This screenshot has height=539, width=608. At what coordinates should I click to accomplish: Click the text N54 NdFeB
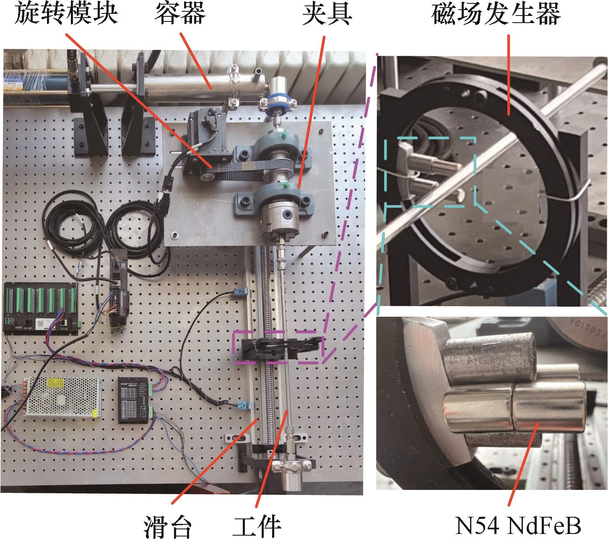pyautogui.click(x=518, y=526)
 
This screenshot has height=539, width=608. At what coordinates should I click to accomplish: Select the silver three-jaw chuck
pyautogui.click(x=280, y=219)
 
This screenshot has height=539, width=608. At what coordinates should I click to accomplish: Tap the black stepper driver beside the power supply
pyautogui.click(x=133, y=400)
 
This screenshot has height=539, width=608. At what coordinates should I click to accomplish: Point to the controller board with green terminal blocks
pyautogui.click(x=42, y=308)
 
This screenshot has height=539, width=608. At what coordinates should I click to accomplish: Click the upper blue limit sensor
pyautogui.click(x=241, y=291)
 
